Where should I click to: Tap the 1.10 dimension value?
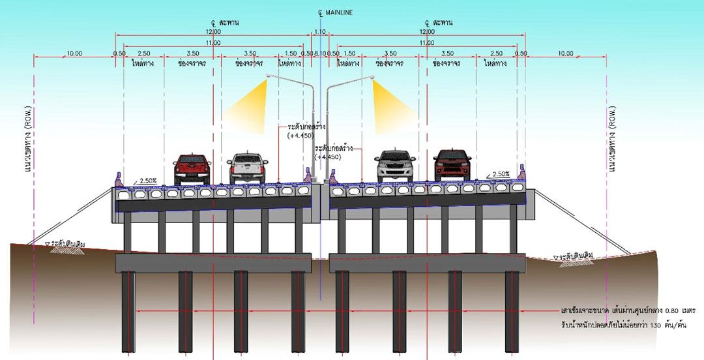pyautogui.click(x=319, y=31)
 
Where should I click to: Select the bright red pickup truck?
pyautogui.click(x=192, y=169)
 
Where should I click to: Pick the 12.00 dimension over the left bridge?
pyautogui.click(x=213, y=31)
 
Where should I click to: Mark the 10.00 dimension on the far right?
pyautogui.click(x=565, y=53)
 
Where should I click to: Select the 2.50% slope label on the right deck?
pyautogui.click(x=501, y=174)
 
